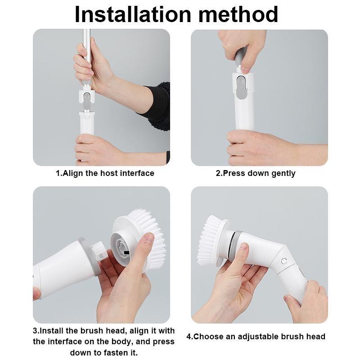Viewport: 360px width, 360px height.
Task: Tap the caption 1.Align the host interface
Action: tap(105, 173)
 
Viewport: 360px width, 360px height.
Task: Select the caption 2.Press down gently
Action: tap(256, 173)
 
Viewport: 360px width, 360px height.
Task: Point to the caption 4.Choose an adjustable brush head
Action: tap(256, 337)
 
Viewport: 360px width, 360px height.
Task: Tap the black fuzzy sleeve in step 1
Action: tap(157, 106)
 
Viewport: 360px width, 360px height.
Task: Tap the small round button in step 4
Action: tap(284, 261)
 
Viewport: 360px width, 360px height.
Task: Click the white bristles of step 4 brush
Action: tap(208, 241)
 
